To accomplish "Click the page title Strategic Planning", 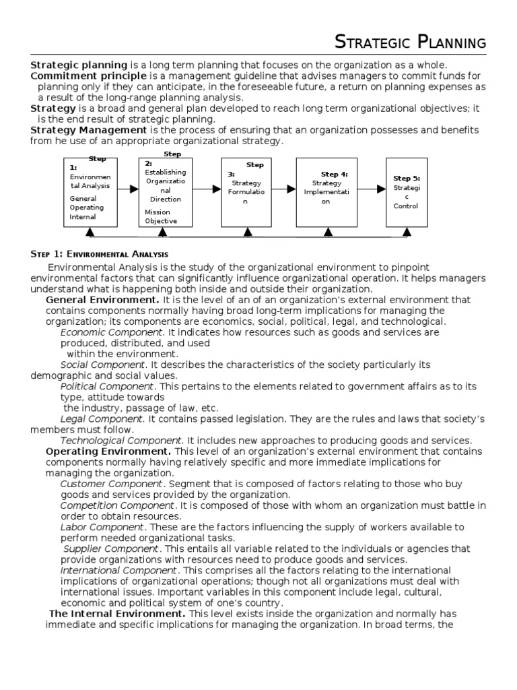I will click(x=411, y=43).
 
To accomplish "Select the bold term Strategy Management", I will click(x=88, y=129).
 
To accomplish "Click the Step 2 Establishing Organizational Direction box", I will click(x=162, y=193).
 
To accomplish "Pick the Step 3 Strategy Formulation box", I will click(x=246, y=193).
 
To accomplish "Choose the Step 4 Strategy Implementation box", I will click(x=327, y=193).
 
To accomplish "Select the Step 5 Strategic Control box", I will click(x=406, y=193).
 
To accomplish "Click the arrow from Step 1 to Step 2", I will click(x=129, y=189).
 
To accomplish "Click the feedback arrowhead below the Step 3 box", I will click(x=247, y=232).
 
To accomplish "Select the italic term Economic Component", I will click(x=112, y=332).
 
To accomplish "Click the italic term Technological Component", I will click(x=121, y=440).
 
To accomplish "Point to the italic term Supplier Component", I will click(x=112, y=548).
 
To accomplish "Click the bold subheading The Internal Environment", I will click(x=118, y=614).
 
